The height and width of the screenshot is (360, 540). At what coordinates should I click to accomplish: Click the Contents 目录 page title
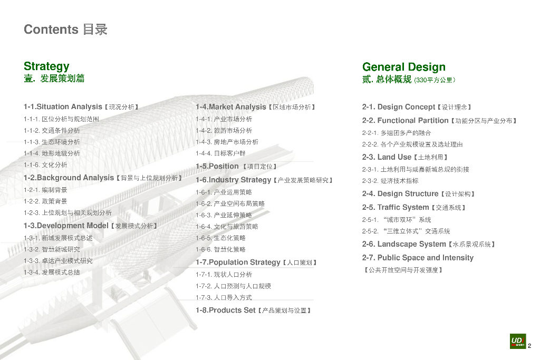click(65, 30)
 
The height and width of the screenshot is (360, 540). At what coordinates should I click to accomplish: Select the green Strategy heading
click(46, 66)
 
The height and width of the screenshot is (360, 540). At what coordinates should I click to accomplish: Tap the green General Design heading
click(403, 67)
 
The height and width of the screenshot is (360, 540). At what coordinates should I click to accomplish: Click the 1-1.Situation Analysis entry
click(81, 107)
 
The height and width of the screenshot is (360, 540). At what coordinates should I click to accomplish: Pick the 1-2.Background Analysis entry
click(103, 178)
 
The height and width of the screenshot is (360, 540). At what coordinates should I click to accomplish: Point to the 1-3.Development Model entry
click(90, 226)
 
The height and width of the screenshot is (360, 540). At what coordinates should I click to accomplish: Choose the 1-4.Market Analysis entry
click(255, 107)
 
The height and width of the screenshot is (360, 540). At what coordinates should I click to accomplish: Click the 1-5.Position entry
click(236, 166)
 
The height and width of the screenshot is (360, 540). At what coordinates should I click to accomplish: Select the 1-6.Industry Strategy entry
click(264, 180)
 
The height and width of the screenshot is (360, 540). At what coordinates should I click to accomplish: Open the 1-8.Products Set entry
click(253, 310)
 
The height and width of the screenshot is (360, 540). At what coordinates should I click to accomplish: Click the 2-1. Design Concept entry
click(417, 107)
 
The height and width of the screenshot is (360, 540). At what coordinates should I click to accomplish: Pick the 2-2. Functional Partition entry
click(439, 121)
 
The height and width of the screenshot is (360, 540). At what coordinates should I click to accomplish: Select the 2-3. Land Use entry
click(405, 157)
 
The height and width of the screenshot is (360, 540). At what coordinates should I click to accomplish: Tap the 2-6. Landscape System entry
click(429, 244)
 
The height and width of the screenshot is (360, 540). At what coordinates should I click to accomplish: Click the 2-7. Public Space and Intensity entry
click(418, 258)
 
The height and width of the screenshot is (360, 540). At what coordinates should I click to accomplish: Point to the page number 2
click(529, 346)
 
